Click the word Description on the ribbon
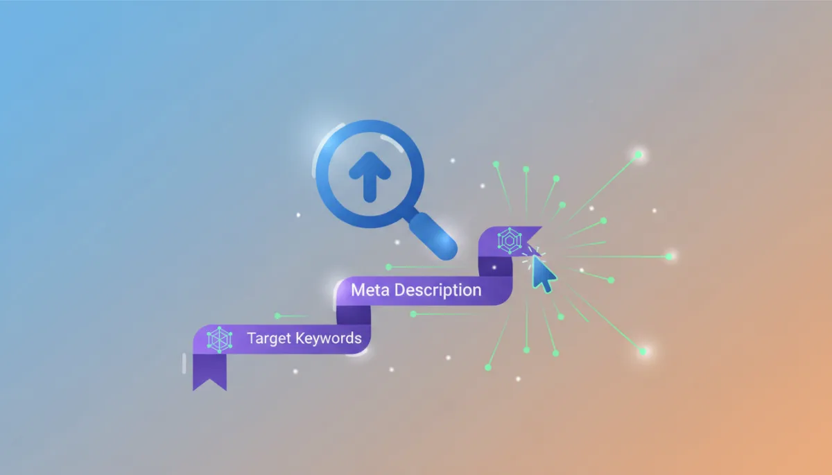[x=438, y=291]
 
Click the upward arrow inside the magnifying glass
[x=370, y=177]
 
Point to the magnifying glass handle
[x=433, y=236]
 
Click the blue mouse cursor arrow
[x=544, y=275]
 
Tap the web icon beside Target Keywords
[x=220, y=340]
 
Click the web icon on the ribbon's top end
[x=510, y=241]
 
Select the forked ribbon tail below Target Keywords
[x=209, y=372]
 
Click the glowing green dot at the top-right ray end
[x=639, y=155]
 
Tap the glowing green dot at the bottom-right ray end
[x=643, y=352]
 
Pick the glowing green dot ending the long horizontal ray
[x=669, y=257]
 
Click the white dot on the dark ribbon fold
[x=494, y=268]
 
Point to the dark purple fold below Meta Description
[x=353, y=315]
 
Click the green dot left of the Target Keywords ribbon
[x=277, y=316]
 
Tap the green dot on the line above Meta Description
[x=388, y=267]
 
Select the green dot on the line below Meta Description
[x=413, y=314]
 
